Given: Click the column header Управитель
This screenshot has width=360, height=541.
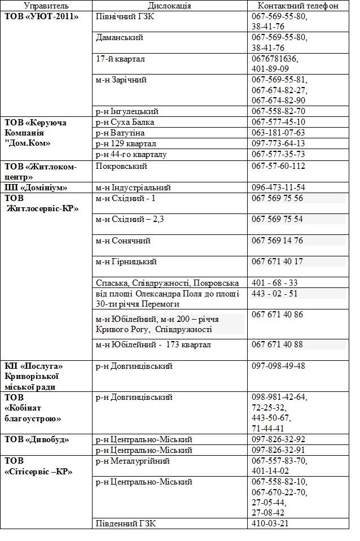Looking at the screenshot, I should click(46, 6).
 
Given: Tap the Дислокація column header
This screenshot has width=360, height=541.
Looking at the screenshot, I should click(169, 6).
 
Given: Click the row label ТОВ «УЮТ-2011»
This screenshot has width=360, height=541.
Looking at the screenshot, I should click(41, 16).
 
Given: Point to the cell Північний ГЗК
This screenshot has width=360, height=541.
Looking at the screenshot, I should click(125, 16).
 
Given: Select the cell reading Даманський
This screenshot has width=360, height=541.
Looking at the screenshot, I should click(119, 37).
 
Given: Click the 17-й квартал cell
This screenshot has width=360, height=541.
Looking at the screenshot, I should click(120, 59).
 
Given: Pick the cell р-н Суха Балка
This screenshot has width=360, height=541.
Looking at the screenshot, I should click(125, 122).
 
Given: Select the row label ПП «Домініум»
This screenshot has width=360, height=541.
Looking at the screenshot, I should click(36, 187).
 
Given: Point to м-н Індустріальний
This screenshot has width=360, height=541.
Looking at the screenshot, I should click(133, 187).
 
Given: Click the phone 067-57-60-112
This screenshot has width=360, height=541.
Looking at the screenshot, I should click(278, 166).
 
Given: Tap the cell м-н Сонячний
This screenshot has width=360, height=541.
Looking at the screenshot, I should click(123, 241).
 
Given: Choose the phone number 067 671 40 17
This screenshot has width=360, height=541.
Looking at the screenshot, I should click(277, 261).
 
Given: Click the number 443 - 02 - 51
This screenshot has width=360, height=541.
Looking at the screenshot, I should click(274, 294).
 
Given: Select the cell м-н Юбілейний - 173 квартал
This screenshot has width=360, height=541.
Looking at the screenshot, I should click(153, 344).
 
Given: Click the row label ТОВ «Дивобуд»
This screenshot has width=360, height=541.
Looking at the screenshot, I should click(39, 439).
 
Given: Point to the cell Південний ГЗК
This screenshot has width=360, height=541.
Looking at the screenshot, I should click(125, 523).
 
